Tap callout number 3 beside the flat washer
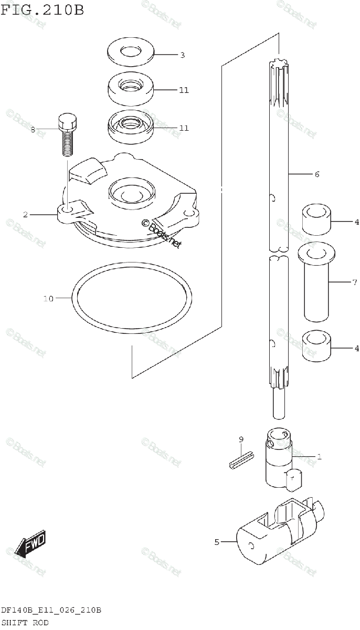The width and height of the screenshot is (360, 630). point(182,55)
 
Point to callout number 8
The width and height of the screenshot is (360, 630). point(33,130)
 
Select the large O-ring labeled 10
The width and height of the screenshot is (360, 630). point(131,301)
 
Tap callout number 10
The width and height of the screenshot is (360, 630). point(48,299)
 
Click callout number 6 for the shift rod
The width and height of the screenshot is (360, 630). point(316,174)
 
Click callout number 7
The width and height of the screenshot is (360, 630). point(354,282)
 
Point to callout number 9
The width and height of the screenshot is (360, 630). point(241,439)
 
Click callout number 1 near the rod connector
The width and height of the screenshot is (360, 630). point(319,457)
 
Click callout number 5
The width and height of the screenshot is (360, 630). point(217,542)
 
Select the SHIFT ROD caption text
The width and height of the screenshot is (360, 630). point(25,623)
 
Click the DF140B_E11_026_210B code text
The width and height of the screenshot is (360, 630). point(51,611)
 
